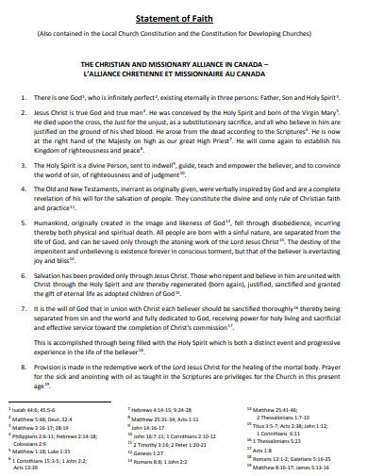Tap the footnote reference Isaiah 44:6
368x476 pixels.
click(34, 411)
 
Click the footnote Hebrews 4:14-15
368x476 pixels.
click(156, 411)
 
